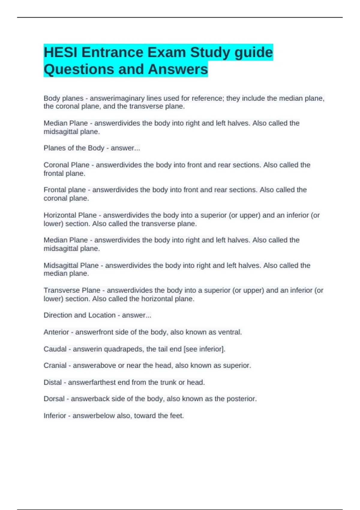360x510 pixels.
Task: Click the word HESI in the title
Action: (x=61, y=52)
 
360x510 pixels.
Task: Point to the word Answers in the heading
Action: (x=178, y=69)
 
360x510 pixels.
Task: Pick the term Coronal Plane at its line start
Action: (x=66, y=165)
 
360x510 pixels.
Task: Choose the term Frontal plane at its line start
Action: (x=64, y=190)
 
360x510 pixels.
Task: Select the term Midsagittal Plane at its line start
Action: (x=71, y=265)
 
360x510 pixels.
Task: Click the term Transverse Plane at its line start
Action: (x=72, y=290)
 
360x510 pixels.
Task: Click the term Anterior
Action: (x=56, y=332)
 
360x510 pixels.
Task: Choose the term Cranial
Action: (x=55, y=365)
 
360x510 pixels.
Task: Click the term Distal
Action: (x=52, y=382)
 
